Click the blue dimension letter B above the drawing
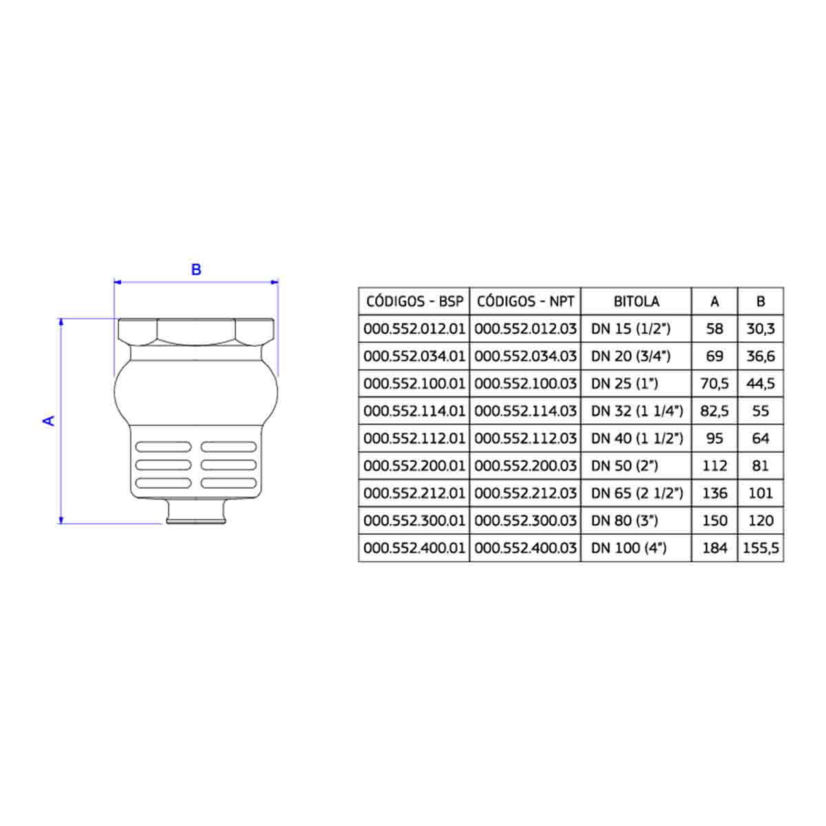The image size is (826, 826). click(x=196, y=269)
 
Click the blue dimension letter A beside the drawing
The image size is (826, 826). click(x=49, y=421)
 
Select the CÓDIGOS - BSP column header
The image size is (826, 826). click(x=414, y=301)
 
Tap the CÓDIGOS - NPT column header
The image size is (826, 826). click(x=525, y=301)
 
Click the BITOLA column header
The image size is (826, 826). click(x=637, y=301)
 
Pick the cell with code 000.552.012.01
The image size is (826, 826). click(x=414, y=329)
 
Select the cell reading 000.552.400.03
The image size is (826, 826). click(x=525, y=548)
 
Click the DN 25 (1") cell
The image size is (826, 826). click(x=624, y=383)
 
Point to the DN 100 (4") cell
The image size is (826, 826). click(x=629, y=548)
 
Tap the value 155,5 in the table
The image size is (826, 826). click(x=761, y=548)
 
